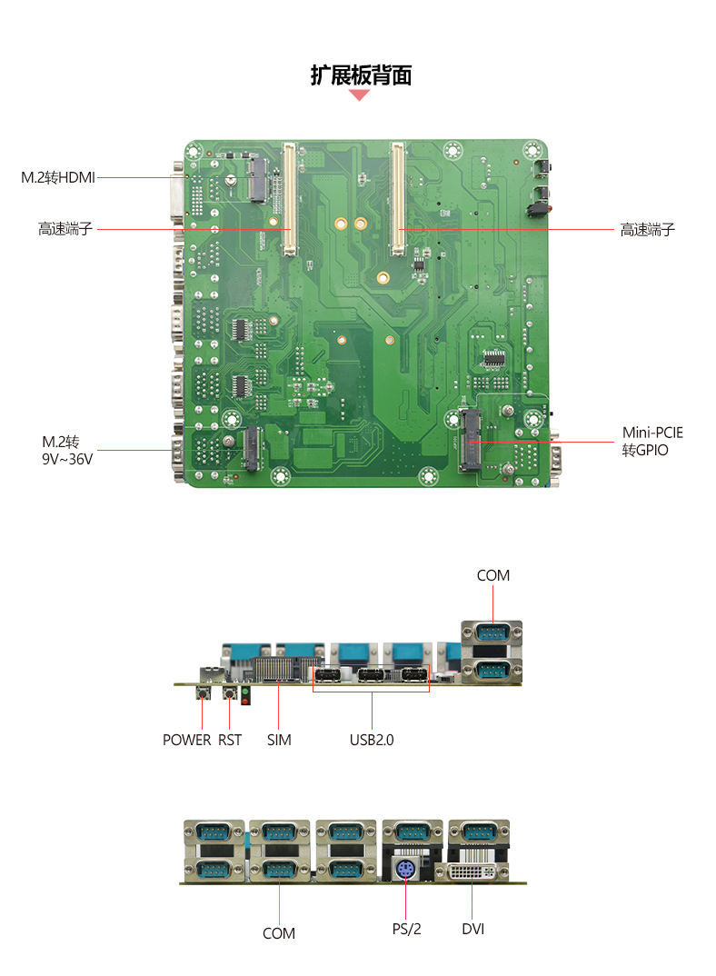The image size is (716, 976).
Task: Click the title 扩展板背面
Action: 361,75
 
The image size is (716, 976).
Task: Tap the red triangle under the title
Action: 359,95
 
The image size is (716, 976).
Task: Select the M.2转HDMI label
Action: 58,177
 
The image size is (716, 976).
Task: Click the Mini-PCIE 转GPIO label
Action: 652,442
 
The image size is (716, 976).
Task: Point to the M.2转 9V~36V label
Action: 67,450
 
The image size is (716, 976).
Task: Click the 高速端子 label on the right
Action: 648,230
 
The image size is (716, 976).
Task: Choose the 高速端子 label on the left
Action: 65,229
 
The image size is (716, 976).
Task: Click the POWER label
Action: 187,740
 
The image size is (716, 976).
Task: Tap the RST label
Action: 230,740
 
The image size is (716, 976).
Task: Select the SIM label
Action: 279,740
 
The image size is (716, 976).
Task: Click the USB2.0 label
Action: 372,740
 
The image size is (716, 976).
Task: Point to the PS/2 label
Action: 406,930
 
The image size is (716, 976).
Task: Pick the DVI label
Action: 473,930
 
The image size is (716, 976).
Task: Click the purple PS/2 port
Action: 405,870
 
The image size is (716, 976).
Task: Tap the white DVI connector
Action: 472,871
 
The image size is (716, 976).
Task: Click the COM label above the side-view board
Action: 493,576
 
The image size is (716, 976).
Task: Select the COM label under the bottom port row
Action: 279,933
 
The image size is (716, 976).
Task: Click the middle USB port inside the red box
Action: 371,674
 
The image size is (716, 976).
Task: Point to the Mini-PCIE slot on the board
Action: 470,440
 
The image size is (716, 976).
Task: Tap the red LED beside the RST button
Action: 245,701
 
